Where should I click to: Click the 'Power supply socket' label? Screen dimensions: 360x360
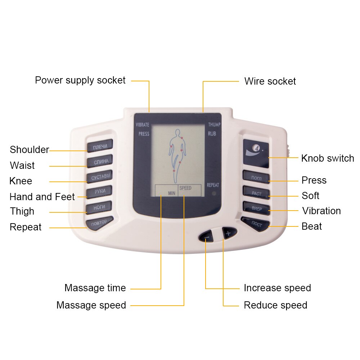(x=80, y=80)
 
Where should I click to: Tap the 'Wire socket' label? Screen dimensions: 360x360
(x=270, y=81)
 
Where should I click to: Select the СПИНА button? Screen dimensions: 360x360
(x=100, y=161)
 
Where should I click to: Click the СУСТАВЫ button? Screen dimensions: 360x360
(x=100, y=177)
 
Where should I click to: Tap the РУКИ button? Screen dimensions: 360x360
(x=100, y=192)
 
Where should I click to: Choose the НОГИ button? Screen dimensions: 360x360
(x=99, y=207)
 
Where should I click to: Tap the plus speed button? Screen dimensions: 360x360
(x=228, y=233)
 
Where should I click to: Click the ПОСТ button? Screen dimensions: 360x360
(x=256, y=224)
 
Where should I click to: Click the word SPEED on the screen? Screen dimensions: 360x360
(x=185, y=188)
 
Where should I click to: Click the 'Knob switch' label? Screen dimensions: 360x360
(x=327, y=158)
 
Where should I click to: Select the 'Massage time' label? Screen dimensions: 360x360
(x=95, y=288)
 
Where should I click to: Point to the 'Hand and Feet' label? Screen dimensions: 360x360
(x=42, y=197)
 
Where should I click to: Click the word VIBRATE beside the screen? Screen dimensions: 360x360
(x=142, y=125)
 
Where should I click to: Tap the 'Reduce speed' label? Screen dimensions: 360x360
(x=275, y=305)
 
